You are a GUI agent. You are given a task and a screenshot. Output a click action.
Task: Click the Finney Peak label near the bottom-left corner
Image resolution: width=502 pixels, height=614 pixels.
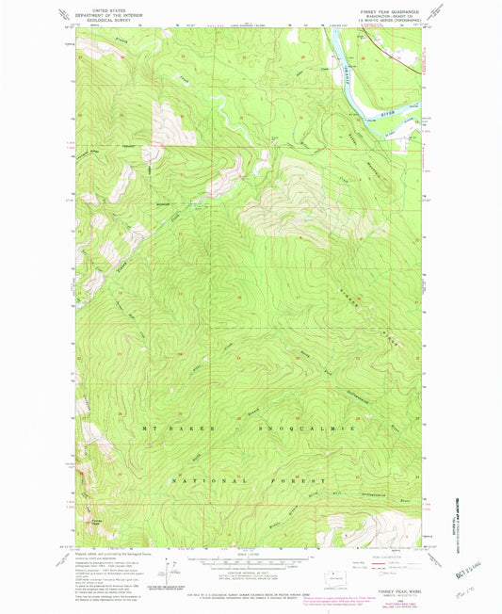coord(96,520)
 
